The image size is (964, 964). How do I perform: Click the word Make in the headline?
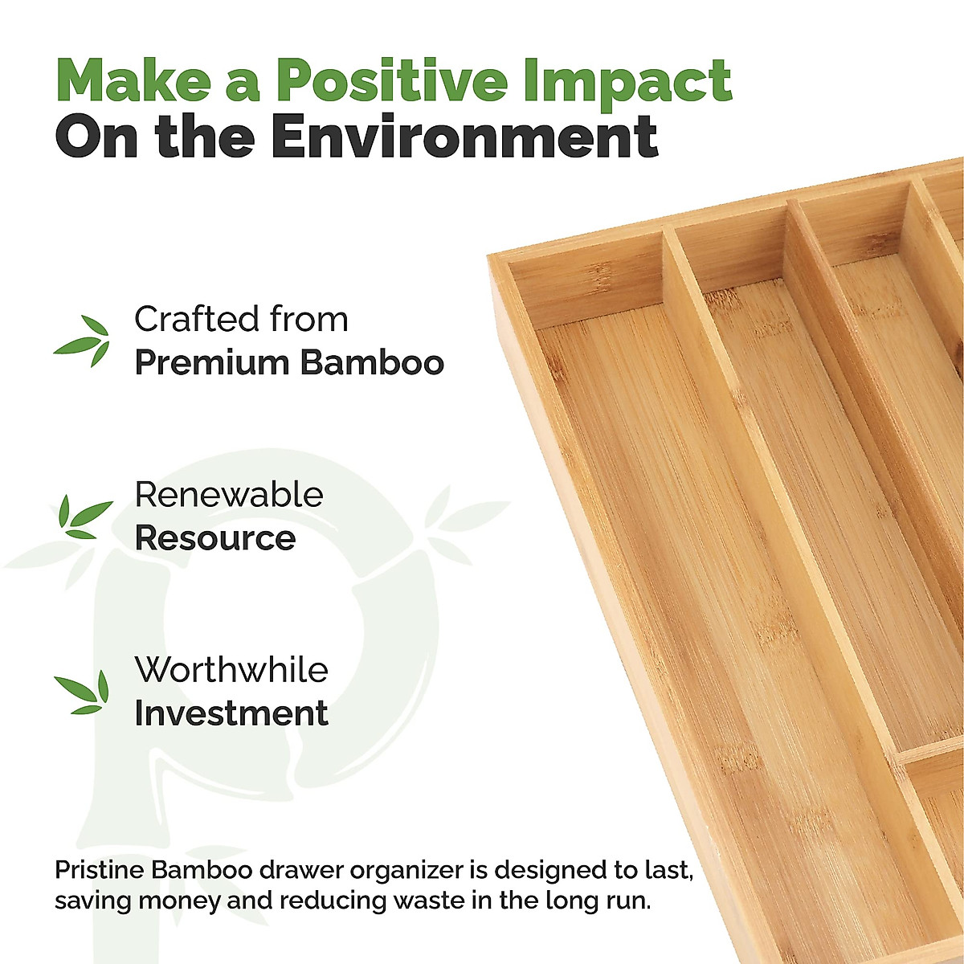(133, 80)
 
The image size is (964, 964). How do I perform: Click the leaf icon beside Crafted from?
(82, 340)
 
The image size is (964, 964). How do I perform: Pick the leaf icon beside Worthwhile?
(82, 692)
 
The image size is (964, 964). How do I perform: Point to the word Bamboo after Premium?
(372, 362)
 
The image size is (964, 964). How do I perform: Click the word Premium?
(212, 362)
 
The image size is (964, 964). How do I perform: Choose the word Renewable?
(229, 495)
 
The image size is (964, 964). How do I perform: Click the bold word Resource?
(215, 538)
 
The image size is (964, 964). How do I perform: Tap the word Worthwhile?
(231, 669)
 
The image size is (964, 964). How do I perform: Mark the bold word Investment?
(231, 713)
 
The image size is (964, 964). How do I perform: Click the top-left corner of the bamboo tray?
(488, 256)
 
